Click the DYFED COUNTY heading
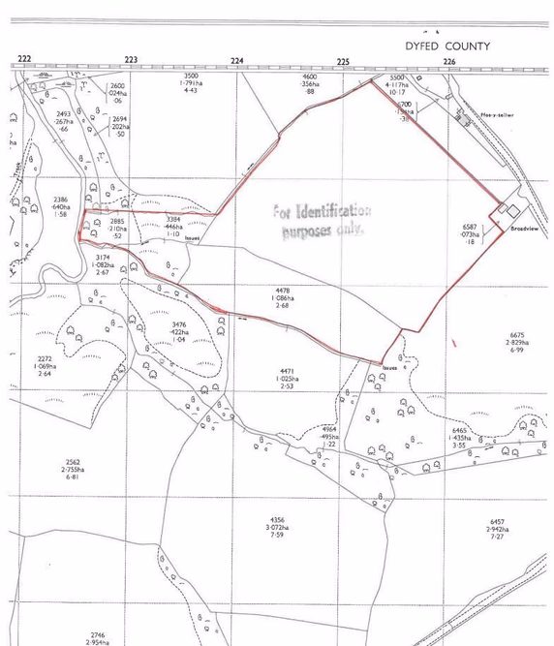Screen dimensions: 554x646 tap(447, 46)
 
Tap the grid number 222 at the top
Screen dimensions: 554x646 tap(24, 60)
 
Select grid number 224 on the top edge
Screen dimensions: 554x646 tap(236, 60)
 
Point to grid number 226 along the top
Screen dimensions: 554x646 tap(448, 60)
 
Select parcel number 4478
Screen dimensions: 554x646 tap(283, 290)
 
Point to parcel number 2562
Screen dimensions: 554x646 tap(72, 462)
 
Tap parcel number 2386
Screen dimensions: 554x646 tap(60, 199)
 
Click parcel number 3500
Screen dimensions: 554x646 tap(190, 76)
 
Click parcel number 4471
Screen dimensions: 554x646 tap(288, 371)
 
